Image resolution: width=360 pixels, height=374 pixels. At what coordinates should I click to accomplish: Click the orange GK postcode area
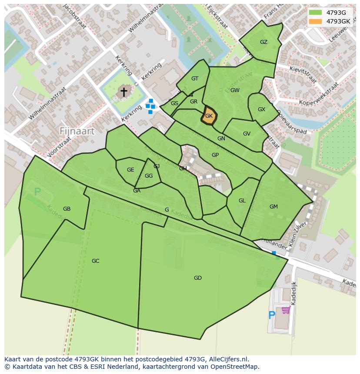[x=209, y=116]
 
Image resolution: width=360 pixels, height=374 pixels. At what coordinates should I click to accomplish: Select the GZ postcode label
[x=263, y=42]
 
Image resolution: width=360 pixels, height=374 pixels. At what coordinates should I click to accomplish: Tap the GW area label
[x=235, y=90]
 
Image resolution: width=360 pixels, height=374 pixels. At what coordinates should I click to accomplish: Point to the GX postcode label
[x=261, y=109]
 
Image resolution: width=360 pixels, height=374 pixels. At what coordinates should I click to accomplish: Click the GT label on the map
[x=195, y=79]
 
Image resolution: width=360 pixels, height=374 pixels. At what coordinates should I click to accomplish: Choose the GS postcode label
[x=174, y=103]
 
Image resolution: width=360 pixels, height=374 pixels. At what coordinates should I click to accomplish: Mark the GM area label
[x=273, y=207]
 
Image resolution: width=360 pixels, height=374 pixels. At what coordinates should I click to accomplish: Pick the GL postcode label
[x=242, y=201]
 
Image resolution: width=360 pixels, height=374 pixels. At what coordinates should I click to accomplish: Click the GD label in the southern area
[x=198, y=278]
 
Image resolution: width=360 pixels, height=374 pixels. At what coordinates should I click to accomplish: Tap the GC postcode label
[x=96, y=261]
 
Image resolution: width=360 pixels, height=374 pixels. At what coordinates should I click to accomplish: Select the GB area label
[x=67, y=209]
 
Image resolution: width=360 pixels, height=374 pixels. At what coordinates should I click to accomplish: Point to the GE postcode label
[x=130, y=170]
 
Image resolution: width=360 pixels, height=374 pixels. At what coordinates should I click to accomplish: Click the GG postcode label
[x=149, y=176]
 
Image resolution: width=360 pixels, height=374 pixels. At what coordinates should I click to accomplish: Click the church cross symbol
[x=124, y=92]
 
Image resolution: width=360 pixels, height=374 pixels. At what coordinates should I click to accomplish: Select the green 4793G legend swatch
[x=315, y=13]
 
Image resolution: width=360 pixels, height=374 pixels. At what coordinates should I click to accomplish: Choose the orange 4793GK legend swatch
[x=315, y=21]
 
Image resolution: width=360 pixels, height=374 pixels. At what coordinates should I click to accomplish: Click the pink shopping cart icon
[x=286, y=310]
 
